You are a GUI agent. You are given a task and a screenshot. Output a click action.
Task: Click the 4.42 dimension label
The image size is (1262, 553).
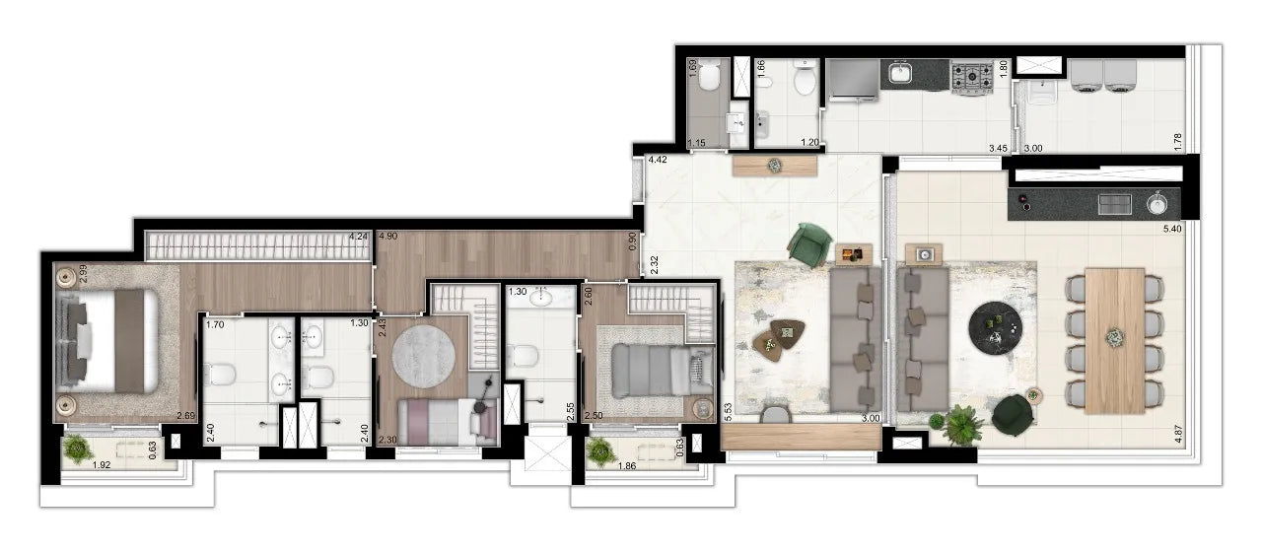point(657,159)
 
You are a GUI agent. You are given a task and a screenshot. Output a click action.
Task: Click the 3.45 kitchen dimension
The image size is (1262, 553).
point(998,148)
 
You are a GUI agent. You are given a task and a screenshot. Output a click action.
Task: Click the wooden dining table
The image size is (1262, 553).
point(1114,340)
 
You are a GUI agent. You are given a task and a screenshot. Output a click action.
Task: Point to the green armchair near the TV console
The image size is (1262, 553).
point(810,242)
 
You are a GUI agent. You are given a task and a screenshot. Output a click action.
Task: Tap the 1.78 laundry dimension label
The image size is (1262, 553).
point(1177,142)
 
